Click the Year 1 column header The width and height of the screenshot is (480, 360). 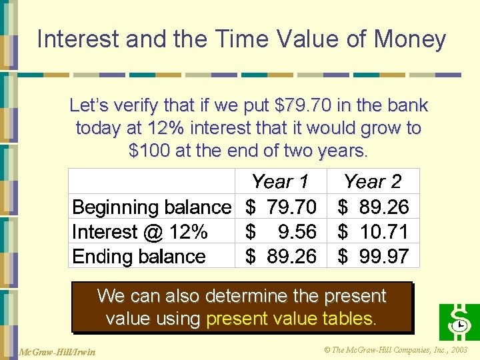(280, 182)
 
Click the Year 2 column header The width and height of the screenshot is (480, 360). (373, 182)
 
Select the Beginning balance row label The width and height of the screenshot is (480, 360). (151, 207)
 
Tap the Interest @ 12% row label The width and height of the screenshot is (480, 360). (140, 232)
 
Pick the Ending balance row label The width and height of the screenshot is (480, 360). (139, 256)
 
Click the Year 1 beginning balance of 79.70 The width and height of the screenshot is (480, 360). (281, 207)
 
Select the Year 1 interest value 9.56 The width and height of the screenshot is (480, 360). (281, 232)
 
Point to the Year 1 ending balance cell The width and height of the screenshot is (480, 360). (281, 256)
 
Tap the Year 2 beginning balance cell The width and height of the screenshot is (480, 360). (373, 207)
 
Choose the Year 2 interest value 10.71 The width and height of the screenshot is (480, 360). (373, 232)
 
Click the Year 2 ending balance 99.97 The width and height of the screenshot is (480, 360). (373, 256)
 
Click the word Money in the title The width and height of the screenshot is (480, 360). (410, 40)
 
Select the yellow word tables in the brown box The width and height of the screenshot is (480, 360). (349, 319)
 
